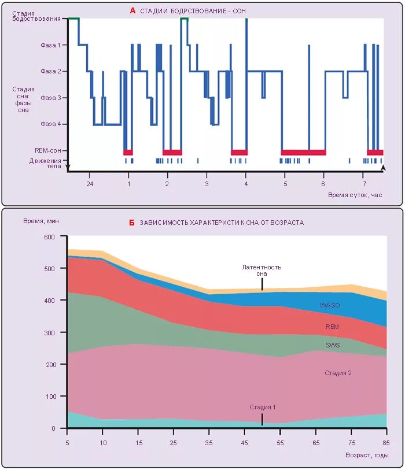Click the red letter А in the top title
132,10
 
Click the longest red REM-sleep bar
304,152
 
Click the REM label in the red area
332,327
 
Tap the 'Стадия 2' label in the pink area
338,373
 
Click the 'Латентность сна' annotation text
262,271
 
